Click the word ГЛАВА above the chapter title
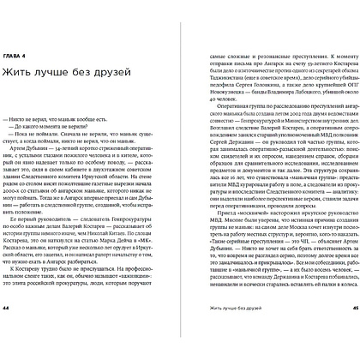tap(22, 61)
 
